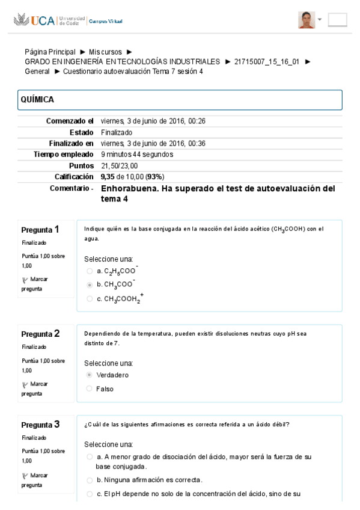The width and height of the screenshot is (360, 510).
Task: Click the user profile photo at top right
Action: coord(307,20)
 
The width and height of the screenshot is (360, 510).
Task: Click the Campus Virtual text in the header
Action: coord(105,21)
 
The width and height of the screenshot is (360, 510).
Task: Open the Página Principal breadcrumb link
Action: coord(50,52)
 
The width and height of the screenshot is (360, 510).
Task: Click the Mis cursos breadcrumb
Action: coord(105,52)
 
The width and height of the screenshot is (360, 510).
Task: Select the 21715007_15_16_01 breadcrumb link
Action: coord(267,61)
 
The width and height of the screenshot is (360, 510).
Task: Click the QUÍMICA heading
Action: coord(37,100)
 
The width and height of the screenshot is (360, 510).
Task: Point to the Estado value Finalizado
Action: coord(117,132)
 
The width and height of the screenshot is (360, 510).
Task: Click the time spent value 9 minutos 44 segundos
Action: coord(137,154)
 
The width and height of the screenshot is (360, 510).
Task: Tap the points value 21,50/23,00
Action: coord(119,165)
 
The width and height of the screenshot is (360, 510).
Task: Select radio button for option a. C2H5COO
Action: coord(90,271)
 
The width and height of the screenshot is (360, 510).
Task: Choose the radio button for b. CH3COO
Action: coord(90,284)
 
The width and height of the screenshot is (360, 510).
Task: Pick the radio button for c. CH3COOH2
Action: coord(90,299)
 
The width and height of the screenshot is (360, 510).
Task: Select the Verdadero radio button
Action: coord(90,375)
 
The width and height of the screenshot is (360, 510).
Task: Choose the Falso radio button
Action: coord(90,389)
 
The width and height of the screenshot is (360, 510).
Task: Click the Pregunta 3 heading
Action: coord(40,424)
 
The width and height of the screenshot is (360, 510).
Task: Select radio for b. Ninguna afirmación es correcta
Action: coord(90,480)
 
